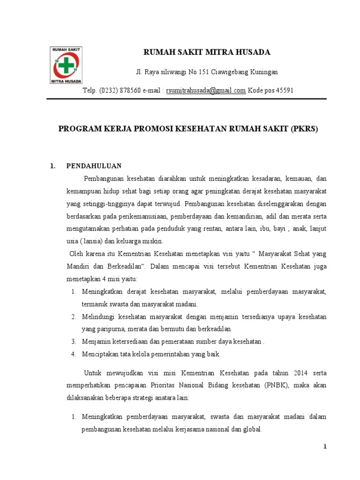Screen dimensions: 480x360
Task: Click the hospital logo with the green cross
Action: [66, 65]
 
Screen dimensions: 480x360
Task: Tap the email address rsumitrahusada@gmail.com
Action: [206, 90]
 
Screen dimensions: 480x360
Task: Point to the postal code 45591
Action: [284, 90]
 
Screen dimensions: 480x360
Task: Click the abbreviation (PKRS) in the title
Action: [304, 129]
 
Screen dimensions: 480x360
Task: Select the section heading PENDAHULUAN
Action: [94, 166]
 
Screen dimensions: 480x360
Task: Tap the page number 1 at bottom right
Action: [324, 447]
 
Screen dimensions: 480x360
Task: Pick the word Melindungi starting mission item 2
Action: [98, 317]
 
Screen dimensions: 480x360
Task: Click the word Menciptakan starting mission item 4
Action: [100, 353]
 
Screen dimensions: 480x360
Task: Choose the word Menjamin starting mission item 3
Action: [96, 341]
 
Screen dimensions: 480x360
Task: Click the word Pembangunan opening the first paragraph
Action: [105, 179]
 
